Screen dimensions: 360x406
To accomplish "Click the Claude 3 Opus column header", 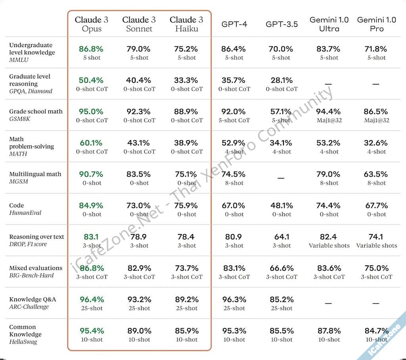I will (92, 24).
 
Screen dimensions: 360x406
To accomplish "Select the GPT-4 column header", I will (234, 24).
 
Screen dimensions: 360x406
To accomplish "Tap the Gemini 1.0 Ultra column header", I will (329, 24).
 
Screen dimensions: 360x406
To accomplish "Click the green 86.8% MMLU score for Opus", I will (91, 49).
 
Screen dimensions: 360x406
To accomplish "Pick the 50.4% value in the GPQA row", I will (91, 80).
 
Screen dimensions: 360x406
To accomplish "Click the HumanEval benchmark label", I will (25, 213).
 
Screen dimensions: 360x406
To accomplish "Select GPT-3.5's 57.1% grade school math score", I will (282, 112).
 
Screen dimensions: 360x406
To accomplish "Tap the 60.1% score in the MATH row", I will (91, 143).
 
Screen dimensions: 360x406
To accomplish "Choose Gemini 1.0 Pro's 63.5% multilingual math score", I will (376, 174).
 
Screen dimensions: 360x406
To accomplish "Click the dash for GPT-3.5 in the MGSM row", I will (281, 178).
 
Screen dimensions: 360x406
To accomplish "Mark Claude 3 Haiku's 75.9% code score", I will (186, 206).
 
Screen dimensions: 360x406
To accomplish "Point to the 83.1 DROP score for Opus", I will (91, 237).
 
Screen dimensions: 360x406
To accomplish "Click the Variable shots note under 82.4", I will (329, 246).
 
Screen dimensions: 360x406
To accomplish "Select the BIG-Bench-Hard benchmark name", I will (31, 275).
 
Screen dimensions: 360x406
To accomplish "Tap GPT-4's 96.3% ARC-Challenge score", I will (234, 299).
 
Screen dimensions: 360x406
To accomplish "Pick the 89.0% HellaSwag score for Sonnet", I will (139, 331).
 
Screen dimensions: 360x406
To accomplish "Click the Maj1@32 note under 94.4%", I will (329, 120).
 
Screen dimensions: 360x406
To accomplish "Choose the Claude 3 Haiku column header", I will (186, 24).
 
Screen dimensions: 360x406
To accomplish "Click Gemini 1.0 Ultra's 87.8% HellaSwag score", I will (329, 331).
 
